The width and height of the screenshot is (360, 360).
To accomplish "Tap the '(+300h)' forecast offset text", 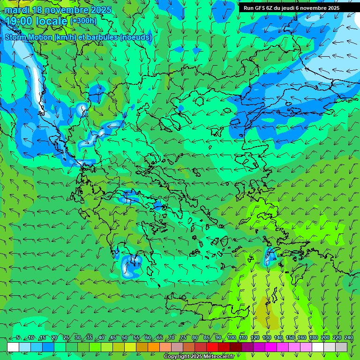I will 83,21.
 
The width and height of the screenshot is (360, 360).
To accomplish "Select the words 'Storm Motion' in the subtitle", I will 29,37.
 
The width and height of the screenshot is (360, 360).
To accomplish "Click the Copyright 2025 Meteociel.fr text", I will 199,357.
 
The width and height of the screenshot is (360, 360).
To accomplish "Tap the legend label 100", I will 232,338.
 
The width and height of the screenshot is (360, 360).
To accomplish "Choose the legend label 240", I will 349,338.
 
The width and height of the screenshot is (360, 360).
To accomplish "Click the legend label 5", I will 18,338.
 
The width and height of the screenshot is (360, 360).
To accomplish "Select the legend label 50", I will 125,338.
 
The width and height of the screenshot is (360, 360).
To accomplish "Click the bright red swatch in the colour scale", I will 212,347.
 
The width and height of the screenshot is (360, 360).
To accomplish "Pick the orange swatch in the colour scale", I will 154,347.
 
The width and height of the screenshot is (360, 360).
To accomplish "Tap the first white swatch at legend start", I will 13,347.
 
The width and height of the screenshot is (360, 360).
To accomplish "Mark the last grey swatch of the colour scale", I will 341,347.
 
